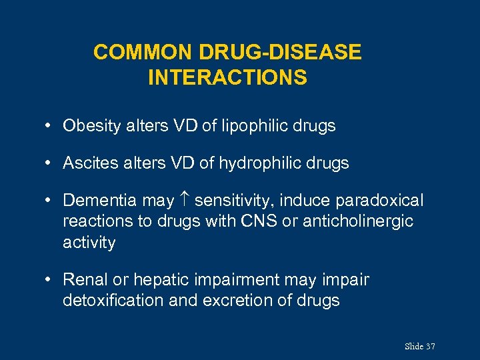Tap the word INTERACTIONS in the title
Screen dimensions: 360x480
coord(227,78)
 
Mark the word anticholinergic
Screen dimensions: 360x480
coord(358,221)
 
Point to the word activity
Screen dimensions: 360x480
coord(89,243)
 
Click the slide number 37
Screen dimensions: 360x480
coord(430,346)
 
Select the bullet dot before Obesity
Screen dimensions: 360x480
coord(50,126)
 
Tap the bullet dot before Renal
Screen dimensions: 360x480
coord(50,280)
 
